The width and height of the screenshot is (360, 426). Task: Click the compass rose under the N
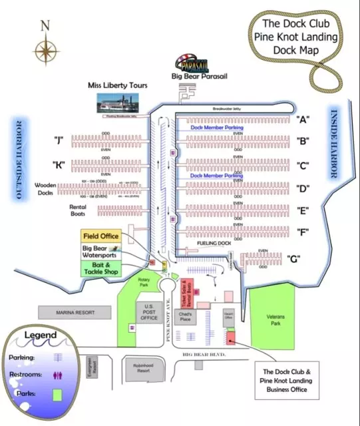pyautogui.click(x=45, y=51)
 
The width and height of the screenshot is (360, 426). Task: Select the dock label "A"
pyautogui.click(x=303, y=119)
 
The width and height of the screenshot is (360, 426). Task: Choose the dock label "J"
pyautogui.click(x=59, y=140)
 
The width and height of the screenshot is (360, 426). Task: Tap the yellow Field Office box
pyautogui.click(x=100, y=236)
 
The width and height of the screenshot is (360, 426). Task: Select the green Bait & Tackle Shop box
pyautogui.click(x=100, y=268)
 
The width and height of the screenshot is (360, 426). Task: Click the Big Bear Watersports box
pyautogui.click(x=100, y=252)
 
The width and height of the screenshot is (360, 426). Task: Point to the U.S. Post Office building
pyautogui.click(x=149, y=312)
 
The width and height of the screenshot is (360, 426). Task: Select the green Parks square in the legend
pyautogui.click(x=57, y=394)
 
